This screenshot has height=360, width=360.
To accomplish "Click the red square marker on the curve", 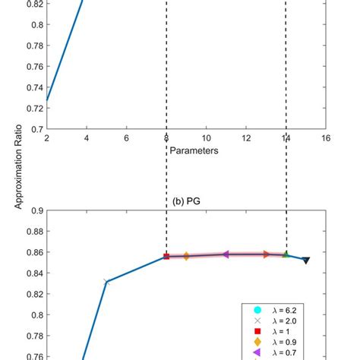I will [x=166, y=257].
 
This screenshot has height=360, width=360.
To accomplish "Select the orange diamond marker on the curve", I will [x=186, y=257].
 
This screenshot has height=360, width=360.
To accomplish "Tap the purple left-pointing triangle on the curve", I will [x=226, y=254].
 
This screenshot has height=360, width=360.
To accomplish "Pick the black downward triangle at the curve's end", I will [x=306, y=261].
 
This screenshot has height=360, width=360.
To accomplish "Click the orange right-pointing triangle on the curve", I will [x=266, y=254].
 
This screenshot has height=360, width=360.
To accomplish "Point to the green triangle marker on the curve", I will [x=286, y=254].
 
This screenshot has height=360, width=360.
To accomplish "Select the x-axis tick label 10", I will [x=206, y=139].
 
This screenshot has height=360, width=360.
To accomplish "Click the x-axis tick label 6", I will [x=126, y=139].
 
